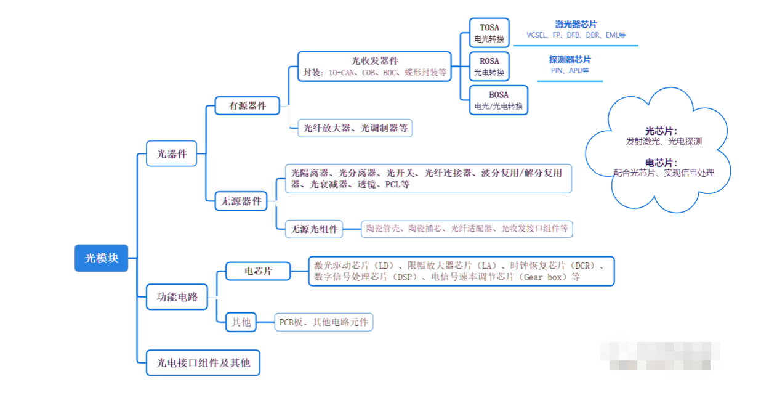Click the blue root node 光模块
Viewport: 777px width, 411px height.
[x=102, y=258]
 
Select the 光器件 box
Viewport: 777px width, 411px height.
[x=172, y=153]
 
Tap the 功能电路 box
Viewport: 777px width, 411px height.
[x=177, y=296]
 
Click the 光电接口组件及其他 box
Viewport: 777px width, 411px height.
[x=203, y=362]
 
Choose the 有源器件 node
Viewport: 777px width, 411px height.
[x=248, y=105]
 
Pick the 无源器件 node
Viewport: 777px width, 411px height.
[x=241, y=201]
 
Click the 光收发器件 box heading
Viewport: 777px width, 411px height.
[x=374, y=60]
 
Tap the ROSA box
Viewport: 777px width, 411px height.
[x=489, y=67]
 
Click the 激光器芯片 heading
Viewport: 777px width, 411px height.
[x=576, y=24]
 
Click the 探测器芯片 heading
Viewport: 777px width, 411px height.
[x=570, y=60]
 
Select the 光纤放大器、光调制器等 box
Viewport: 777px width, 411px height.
[x=355, y=128]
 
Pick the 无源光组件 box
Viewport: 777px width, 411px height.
[x=315, y=229]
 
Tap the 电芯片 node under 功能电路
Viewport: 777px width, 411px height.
[x=258, y=271]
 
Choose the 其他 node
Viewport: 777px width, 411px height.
[x=241, y=322]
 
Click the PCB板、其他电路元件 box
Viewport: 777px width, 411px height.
[x=324, y=322]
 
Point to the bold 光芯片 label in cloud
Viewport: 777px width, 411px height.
[x=661, y=131]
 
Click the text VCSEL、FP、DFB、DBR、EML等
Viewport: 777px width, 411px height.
[x=576, y=36]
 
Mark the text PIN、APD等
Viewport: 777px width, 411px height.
[x=570, y=71]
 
